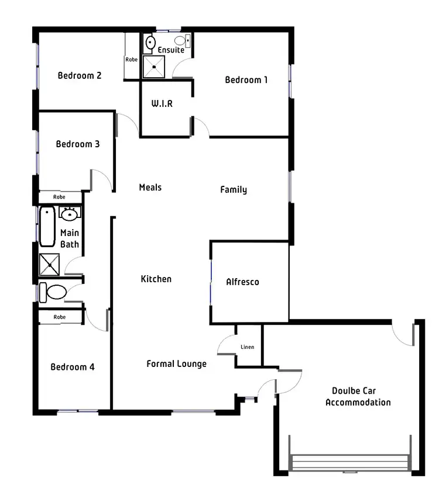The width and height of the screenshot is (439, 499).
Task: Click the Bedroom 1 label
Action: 246,80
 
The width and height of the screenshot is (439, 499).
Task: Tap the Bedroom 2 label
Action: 80,75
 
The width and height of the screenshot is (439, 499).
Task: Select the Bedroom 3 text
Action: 78,144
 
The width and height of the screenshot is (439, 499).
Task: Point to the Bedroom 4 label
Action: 73,367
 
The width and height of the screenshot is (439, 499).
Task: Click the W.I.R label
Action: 162,103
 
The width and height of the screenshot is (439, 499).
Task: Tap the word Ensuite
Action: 171,50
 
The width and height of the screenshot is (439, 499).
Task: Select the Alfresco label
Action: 242,282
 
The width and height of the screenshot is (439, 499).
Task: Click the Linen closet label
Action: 247,347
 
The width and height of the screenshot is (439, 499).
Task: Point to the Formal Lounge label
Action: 176,364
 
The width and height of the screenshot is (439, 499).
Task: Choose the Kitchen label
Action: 156,279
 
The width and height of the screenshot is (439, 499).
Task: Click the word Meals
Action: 150,188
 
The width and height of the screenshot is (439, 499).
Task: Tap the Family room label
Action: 234,190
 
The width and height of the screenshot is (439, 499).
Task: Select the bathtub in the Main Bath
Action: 47,227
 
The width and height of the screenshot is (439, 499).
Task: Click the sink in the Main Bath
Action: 70,214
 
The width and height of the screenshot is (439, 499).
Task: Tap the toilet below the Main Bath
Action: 54,292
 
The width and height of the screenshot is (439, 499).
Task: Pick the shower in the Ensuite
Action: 155,67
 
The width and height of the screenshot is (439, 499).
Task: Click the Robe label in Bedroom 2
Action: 131,60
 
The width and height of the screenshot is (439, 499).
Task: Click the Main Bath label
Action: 70,239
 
